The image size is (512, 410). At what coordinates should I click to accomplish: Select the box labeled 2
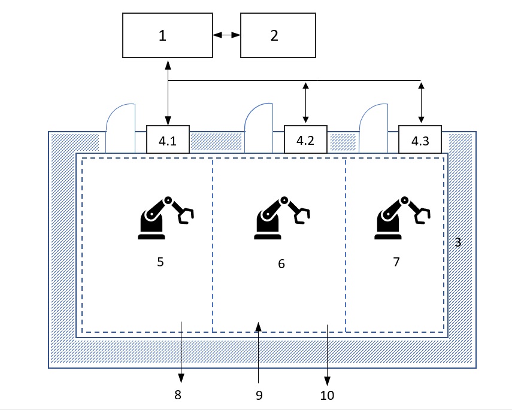point(278,36)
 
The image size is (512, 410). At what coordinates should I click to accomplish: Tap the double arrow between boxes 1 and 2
point(227,36)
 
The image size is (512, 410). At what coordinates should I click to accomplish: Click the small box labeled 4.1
point(168,139)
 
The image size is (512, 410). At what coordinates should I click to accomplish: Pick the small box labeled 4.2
point(305,139)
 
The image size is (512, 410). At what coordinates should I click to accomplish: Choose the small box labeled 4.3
point(420,139)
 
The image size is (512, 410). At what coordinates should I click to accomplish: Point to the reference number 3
point(458,242)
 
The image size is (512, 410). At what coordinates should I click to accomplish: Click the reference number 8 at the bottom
point(177,394)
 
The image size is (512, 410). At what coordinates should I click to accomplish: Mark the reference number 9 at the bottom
point(258,395)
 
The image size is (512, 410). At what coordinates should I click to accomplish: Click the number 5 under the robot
point(160,262)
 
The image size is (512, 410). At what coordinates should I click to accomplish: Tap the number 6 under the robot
point(281,263)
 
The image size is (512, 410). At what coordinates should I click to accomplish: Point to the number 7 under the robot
point(396,262)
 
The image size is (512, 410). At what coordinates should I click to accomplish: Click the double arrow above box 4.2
point(306,95)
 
